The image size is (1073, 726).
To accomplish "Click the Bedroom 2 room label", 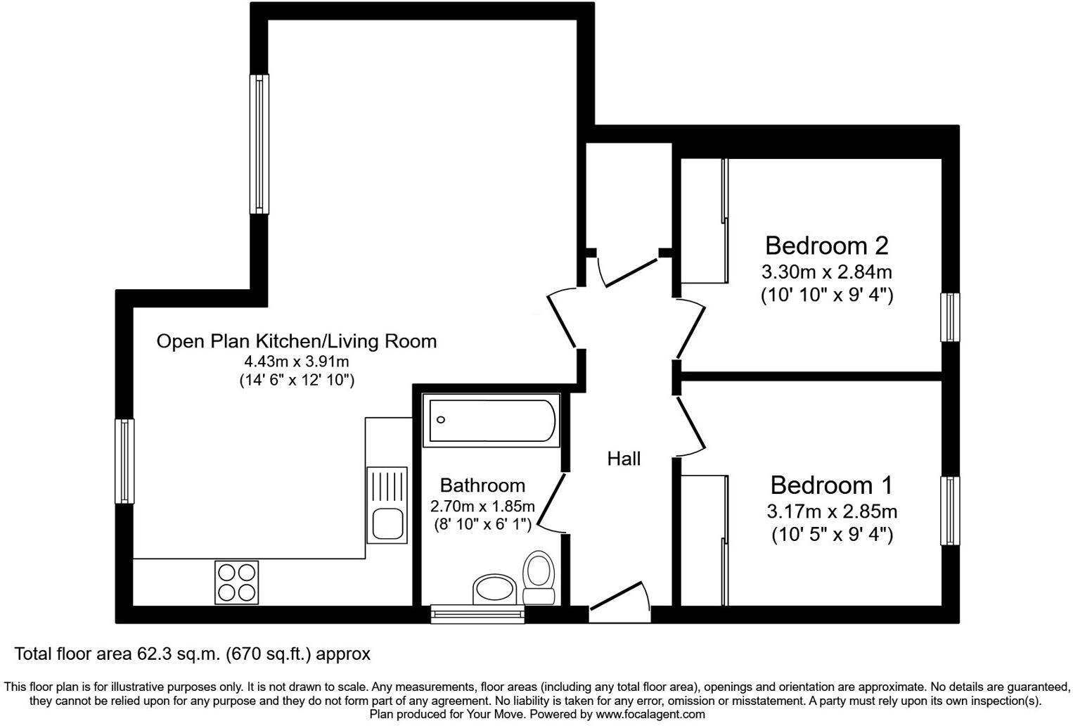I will (826, 246).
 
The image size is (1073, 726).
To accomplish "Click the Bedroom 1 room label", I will (831, 485).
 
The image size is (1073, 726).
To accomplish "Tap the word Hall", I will (624, 459).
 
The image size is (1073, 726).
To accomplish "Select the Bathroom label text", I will (482, 485).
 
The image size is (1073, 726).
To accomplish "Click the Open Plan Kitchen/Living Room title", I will (296, 341).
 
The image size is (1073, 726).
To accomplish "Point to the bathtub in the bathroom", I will (490, 420).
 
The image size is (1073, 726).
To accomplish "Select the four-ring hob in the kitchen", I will (237, 582).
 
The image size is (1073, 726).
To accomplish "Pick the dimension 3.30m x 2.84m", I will (826, 272).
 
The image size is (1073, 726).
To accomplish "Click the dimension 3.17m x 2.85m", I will (831, 511).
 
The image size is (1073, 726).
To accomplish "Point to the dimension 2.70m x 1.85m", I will (482, 506).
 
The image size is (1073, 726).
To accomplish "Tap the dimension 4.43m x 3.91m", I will (296, 362).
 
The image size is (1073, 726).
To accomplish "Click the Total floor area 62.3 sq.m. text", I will (192, 654).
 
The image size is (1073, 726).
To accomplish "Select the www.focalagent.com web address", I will (650, 714).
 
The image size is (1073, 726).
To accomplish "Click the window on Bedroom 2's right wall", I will (950, 317).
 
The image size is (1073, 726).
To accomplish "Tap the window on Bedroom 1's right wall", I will (950, 511).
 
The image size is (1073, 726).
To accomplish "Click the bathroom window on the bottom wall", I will (478, 614).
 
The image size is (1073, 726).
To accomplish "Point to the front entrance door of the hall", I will (619, 603).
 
